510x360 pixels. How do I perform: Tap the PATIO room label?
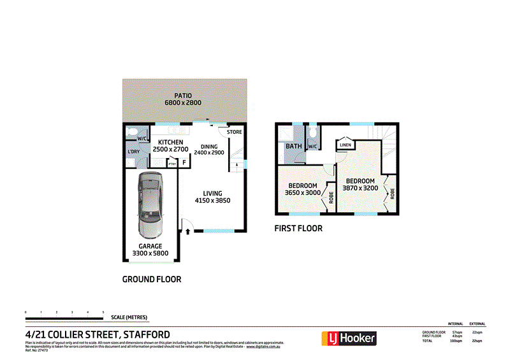coord(183,96)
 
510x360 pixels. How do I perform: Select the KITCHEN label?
coord(171,142)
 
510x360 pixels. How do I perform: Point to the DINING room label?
coord(210,146)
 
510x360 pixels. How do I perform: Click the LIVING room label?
coord(212,193)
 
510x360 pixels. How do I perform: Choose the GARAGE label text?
coord(150,246)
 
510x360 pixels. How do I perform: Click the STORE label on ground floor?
coord(235,133)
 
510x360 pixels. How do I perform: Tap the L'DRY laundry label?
coord(133,151)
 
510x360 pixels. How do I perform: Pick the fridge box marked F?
coord(184,162)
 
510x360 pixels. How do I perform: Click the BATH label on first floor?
coord(294,147)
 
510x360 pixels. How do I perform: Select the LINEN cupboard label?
coord(346,145)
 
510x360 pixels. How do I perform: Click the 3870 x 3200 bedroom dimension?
coord(360,188)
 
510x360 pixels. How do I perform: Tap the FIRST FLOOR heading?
coord(298,228)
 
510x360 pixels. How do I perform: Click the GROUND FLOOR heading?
coord(152,279)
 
